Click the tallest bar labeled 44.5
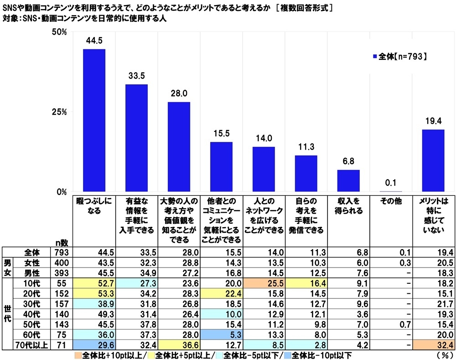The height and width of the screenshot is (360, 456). click(94, 120)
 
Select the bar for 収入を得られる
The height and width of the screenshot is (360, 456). click(349, 181)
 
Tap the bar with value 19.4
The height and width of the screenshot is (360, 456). click(433, 161)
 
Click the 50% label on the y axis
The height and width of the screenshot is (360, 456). click(60, 32)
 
